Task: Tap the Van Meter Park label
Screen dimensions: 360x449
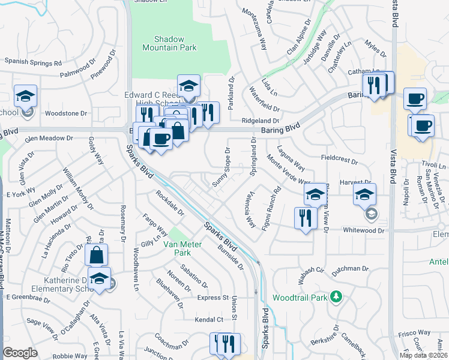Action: [175, 248]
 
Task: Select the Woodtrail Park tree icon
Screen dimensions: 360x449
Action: [337, 296]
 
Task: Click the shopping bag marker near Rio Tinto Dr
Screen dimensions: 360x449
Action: [96, 255]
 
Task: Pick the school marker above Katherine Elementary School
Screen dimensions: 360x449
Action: [99, 278]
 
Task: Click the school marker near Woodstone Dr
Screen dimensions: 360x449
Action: [26, 96]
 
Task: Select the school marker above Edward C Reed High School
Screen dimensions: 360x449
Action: [188, 85]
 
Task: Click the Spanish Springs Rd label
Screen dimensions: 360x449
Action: [34, 62]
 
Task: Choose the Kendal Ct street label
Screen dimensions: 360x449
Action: [208, 320]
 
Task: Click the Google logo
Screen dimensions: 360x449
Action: [20, 352]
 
